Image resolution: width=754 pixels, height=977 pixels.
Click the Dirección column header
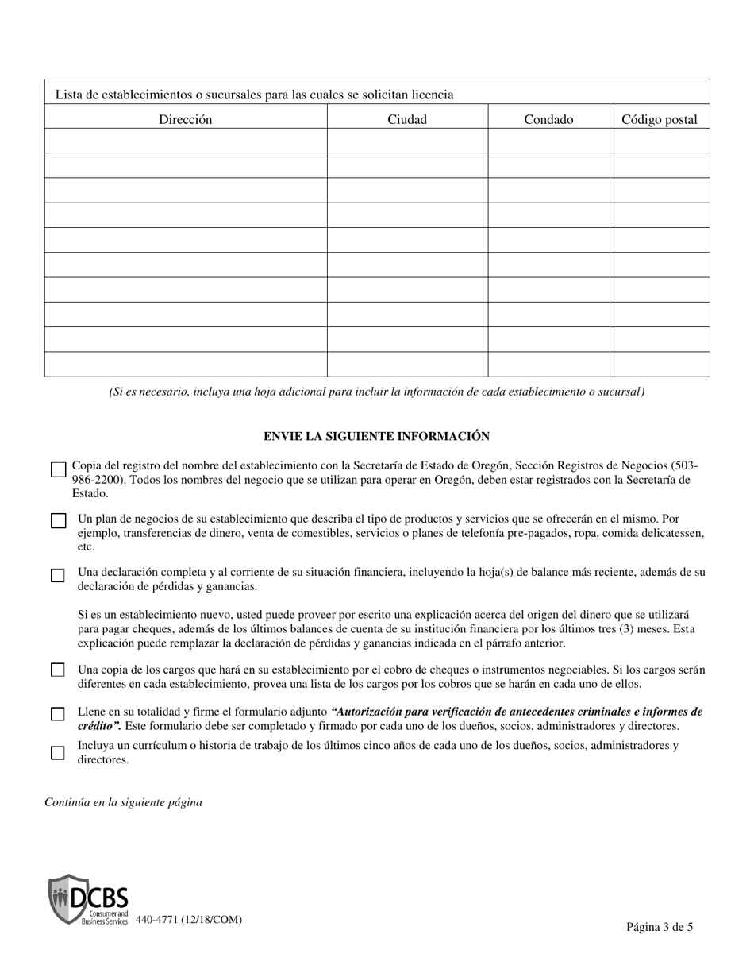click(x=185, y=119)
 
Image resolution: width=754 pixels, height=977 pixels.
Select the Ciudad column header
click(x=406, y=119)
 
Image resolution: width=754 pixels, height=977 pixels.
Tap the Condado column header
click(x=548, y=119)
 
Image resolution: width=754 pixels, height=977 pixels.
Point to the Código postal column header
click(x=659, y=119)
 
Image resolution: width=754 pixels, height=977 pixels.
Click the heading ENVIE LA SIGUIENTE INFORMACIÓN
click(x=376, y=436)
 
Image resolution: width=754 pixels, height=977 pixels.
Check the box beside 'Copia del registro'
click(x=58, y=469)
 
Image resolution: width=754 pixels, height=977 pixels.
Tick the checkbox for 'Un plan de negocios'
click(x=58, y=521)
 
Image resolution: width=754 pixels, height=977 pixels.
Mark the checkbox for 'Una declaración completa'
click(x=58, y=575)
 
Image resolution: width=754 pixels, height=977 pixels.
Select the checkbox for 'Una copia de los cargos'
click(x=58, y=670)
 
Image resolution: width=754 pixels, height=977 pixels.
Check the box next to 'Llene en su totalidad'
click(x=58, y=714)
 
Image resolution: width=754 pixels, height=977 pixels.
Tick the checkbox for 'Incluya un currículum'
click(x=58, y=752)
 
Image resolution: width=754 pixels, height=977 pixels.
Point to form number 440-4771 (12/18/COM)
click(x=189, y=920)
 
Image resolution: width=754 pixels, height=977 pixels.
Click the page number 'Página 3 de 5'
click(x=659, y=926)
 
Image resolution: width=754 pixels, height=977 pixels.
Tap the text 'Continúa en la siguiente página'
click(x=123, y=802)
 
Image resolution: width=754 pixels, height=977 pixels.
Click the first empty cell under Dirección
click(x=185, y=141)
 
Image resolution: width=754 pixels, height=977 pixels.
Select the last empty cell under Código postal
click(x=659, y=364)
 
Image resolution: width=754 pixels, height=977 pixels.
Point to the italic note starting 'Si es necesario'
click(x=376, y=392)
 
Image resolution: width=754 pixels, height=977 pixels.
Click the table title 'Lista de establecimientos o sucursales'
click(x=254, y=95)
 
